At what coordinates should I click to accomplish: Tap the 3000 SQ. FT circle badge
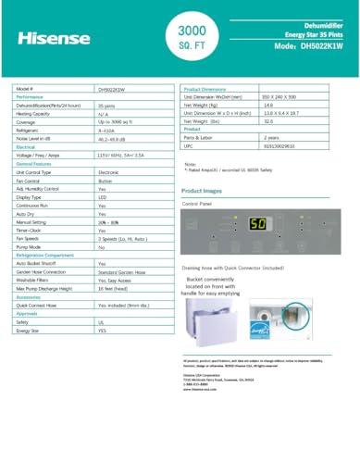[180, 36]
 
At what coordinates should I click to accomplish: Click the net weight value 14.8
[243, 105]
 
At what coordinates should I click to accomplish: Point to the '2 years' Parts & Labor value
[249, 137]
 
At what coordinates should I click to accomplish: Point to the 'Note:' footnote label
[191, 164]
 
